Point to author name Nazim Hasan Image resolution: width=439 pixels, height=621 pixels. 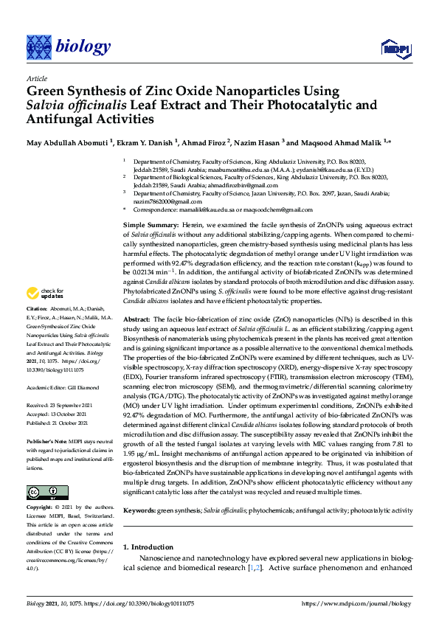[253, 142]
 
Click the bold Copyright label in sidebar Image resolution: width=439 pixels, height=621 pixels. [40, 508]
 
